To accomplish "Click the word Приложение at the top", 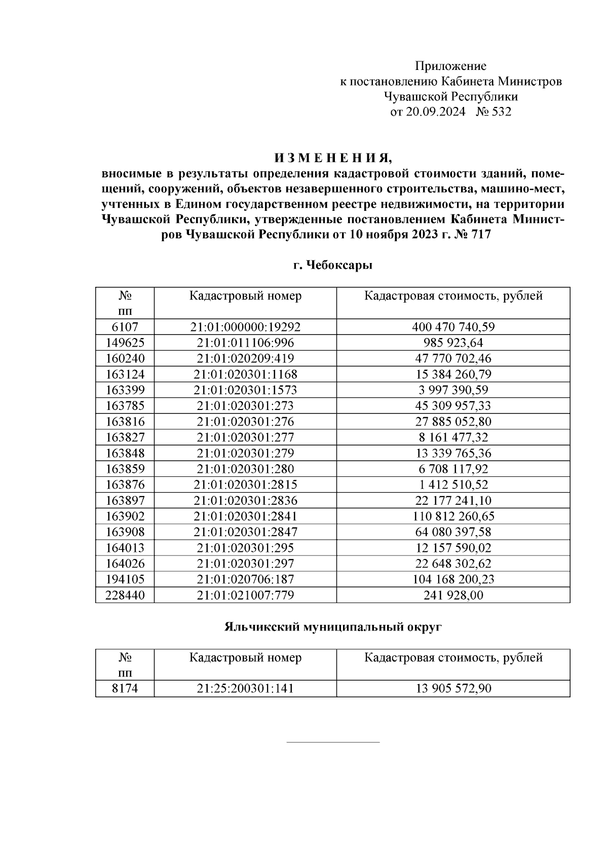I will click(450, 66).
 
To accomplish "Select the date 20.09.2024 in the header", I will click(435, 111).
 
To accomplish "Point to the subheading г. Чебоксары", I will click(333, 265).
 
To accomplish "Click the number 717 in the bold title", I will click(481, 235).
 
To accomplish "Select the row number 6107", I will click(125, 327).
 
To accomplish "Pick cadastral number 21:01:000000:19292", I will click(245, 327).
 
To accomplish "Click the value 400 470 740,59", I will click(453, 327).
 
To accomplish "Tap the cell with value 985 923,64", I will click(453, 343).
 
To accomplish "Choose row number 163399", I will click(125, 390).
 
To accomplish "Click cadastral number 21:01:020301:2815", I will click(245, 485).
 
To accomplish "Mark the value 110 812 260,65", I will click(453, 516).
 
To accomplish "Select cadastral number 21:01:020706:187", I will click(245, 579).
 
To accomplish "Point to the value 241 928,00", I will click(453, 595).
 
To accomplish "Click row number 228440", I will click(125, 595).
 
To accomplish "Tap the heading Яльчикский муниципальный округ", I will click(333, 627).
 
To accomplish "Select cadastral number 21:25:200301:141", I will click(245, 689).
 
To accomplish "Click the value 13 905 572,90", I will click(453, 689).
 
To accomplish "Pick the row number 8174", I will click(125, 689).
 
